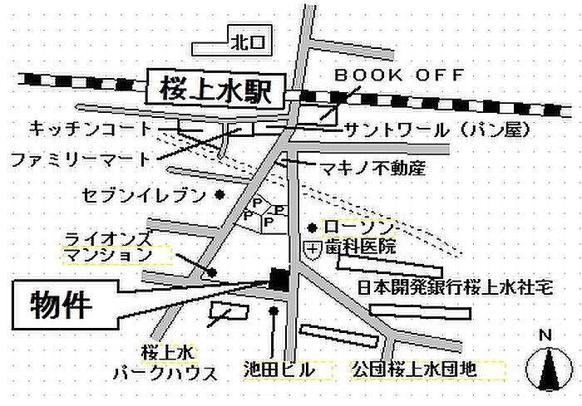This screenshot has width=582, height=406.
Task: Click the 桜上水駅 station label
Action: coord(215,90)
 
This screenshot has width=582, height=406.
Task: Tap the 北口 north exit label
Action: coord(248,42)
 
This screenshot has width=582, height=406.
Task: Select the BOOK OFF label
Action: coord(399,75)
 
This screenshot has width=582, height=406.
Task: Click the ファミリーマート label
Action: coord(81,159)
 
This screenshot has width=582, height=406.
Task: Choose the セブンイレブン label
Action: coord(144,195)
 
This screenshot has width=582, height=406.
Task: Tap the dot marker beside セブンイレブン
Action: coord(220,194)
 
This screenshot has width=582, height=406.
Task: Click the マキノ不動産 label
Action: coord(373,169)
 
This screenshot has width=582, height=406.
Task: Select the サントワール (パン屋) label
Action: coord(437,130)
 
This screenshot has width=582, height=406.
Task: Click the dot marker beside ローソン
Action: coord(313,227)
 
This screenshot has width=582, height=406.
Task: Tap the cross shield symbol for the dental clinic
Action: coord(313,250)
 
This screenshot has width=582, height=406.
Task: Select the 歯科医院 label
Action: coord(360,247)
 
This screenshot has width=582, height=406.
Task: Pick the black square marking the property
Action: coord(279,280)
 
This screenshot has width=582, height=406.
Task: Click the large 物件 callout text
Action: coord(62,306)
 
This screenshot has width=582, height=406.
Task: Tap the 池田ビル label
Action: coord(279,369)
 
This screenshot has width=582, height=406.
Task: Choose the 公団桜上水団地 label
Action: coord(414,369)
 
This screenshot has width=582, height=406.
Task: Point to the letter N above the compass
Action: coord(545,335)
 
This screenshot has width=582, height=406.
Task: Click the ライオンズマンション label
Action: coord(108,247)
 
